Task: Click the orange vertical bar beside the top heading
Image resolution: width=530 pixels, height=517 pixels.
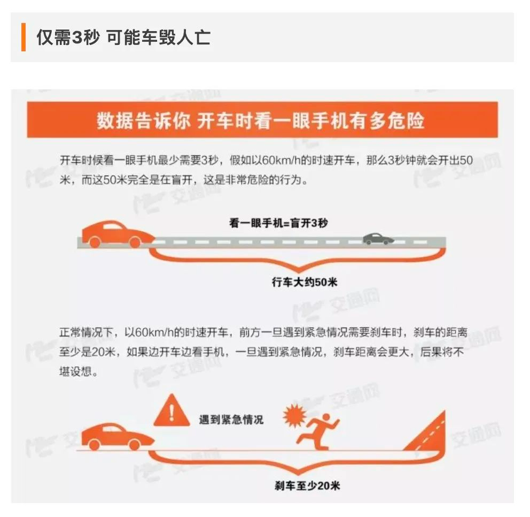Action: (x=24, y=37)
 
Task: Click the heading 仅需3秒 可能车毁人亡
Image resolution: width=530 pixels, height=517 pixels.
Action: (x=123, y=37)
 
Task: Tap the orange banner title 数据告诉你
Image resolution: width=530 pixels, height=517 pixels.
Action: (x=143, y=120)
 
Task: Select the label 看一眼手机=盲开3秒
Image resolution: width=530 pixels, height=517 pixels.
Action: (x=278, y=223)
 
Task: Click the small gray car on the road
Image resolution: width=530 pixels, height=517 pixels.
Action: (x=378, y=239)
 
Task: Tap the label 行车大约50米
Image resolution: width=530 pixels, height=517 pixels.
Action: (x=305, y=282)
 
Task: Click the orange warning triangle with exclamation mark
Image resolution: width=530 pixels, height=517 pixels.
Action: (x=172, y=410)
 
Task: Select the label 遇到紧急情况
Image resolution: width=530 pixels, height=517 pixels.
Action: (x=231, y=420)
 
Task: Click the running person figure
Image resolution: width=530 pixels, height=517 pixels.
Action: (x=318, y=431)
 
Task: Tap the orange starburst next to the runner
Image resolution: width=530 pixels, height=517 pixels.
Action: (x=295, y=415)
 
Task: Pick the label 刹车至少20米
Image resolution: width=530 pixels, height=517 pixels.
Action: (x=307, y=486)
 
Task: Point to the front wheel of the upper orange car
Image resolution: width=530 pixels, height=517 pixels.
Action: (x=135, y=242)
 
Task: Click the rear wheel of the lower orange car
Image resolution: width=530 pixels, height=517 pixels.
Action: (x=95, y=445)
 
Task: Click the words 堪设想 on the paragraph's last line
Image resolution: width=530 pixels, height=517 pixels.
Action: (x=75, y=372)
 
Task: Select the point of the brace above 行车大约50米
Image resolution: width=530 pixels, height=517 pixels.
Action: (x=298, y=272)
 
